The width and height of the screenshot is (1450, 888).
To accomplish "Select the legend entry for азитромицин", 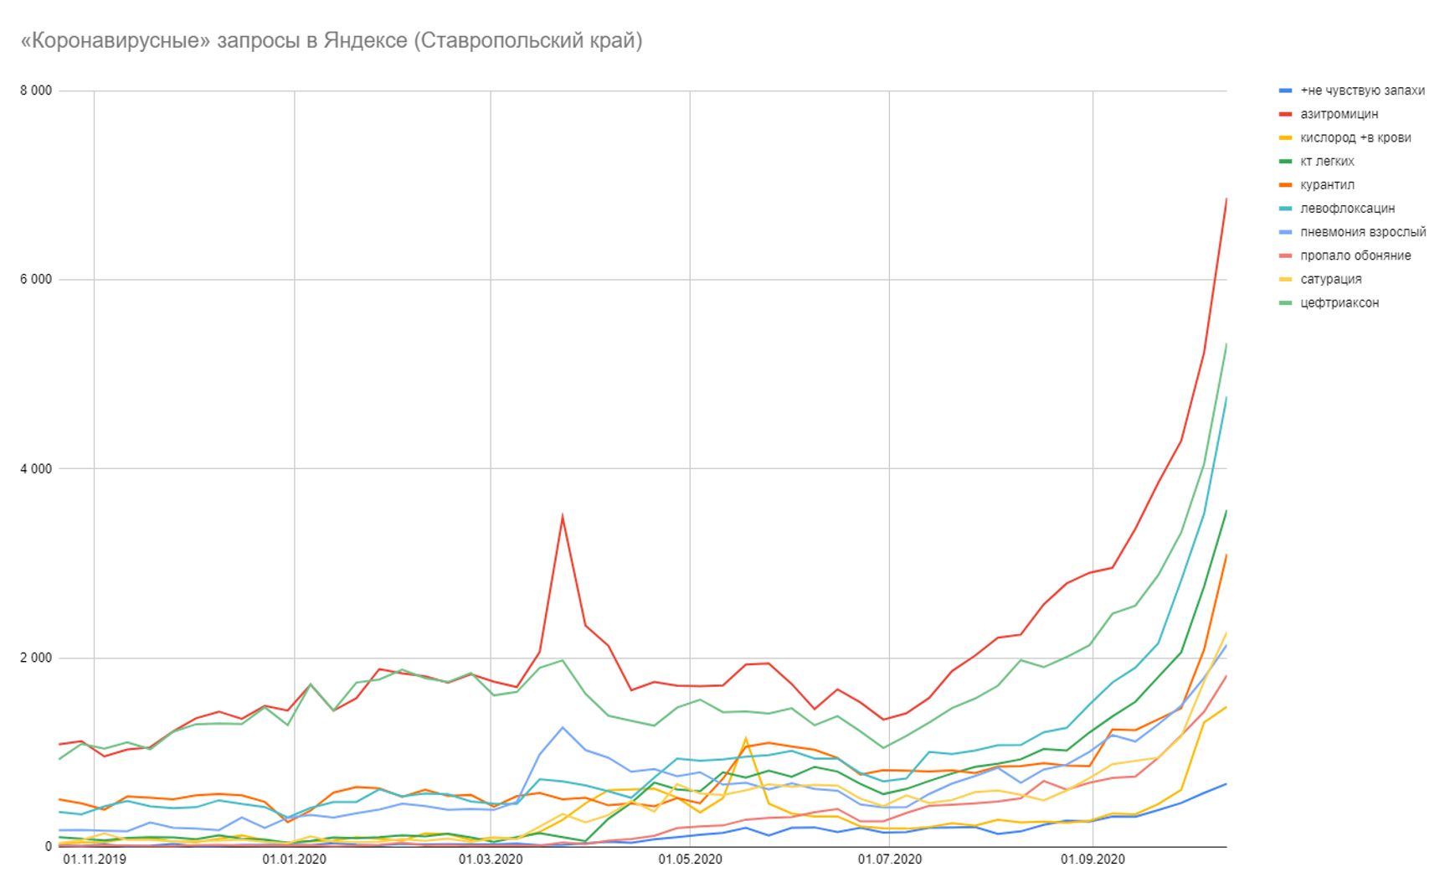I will click(x=1339, y=114).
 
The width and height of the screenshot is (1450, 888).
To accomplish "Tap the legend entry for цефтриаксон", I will click(x=1339, y=302).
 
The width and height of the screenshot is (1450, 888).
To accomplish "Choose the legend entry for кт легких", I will click(x=1327, y=161).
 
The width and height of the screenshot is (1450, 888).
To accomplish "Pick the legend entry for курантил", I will click(x=1327, y=184).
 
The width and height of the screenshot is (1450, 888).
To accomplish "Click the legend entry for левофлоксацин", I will click(x=1347, y=208).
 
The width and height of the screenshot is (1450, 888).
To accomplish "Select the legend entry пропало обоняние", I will click(x=1355, y=256).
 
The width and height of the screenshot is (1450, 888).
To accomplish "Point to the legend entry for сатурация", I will click(x=1330, y=279).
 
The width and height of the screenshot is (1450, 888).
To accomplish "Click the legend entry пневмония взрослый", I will click(x=1362, y=232).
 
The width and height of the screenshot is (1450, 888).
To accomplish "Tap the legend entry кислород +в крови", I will click(x=1355, y=137).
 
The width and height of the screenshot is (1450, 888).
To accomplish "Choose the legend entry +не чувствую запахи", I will click(x=1361, y=90).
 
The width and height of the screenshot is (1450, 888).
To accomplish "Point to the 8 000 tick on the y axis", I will click(x=36, y=90).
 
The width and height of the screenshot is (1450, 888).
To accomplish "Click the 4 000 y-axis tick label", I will click(x=36, y=469).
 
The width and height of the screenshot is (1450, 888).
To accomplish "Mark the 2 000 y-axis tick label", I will click(x=36, y=658).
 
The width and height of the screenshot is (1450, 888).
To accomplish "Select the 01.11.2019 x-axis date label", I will click(x=95, y=860).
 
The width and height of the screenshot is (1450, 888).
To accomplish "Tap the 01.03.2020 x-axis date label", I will click(x=491, y=860).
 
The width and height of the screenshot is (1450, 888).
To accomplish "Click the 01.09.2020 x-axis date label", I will click(x=1093, y=860).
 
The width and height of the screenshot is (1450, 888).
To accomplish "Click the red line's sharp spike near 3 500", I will click(x=563, y=515).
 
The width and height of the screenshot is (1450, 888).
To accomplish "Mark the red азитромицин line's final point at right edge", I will click(x=1226, y=199).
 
